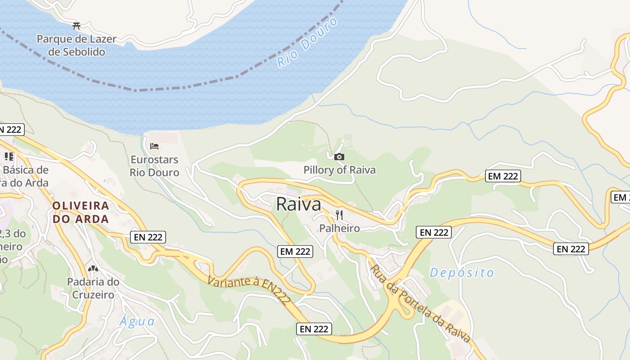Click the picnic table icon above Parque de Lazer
point(76,25)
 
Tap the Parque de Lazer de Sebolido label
point(76,45)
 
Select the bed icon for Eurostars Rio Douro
point(154,146)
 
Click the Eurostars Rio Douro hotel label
point(154,166)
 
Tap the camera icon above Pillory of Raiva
point(339,157)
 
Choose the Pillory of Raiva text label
point(339,170)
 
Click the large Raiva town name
point(298,204)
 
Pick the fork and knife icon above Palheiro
point(339,215)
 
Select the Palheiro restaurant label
point(340,228)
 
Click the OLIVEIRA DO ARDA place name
point(81,212)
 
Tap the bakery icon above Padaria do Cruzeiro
point(93,269)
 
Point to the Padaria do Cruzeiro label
point(93,288)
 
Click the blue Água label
point(137,322)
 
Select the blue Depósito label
point(462,273)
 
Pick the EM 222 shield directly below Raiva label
point(295,252)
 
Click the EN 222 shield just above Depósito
point(434,232)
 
